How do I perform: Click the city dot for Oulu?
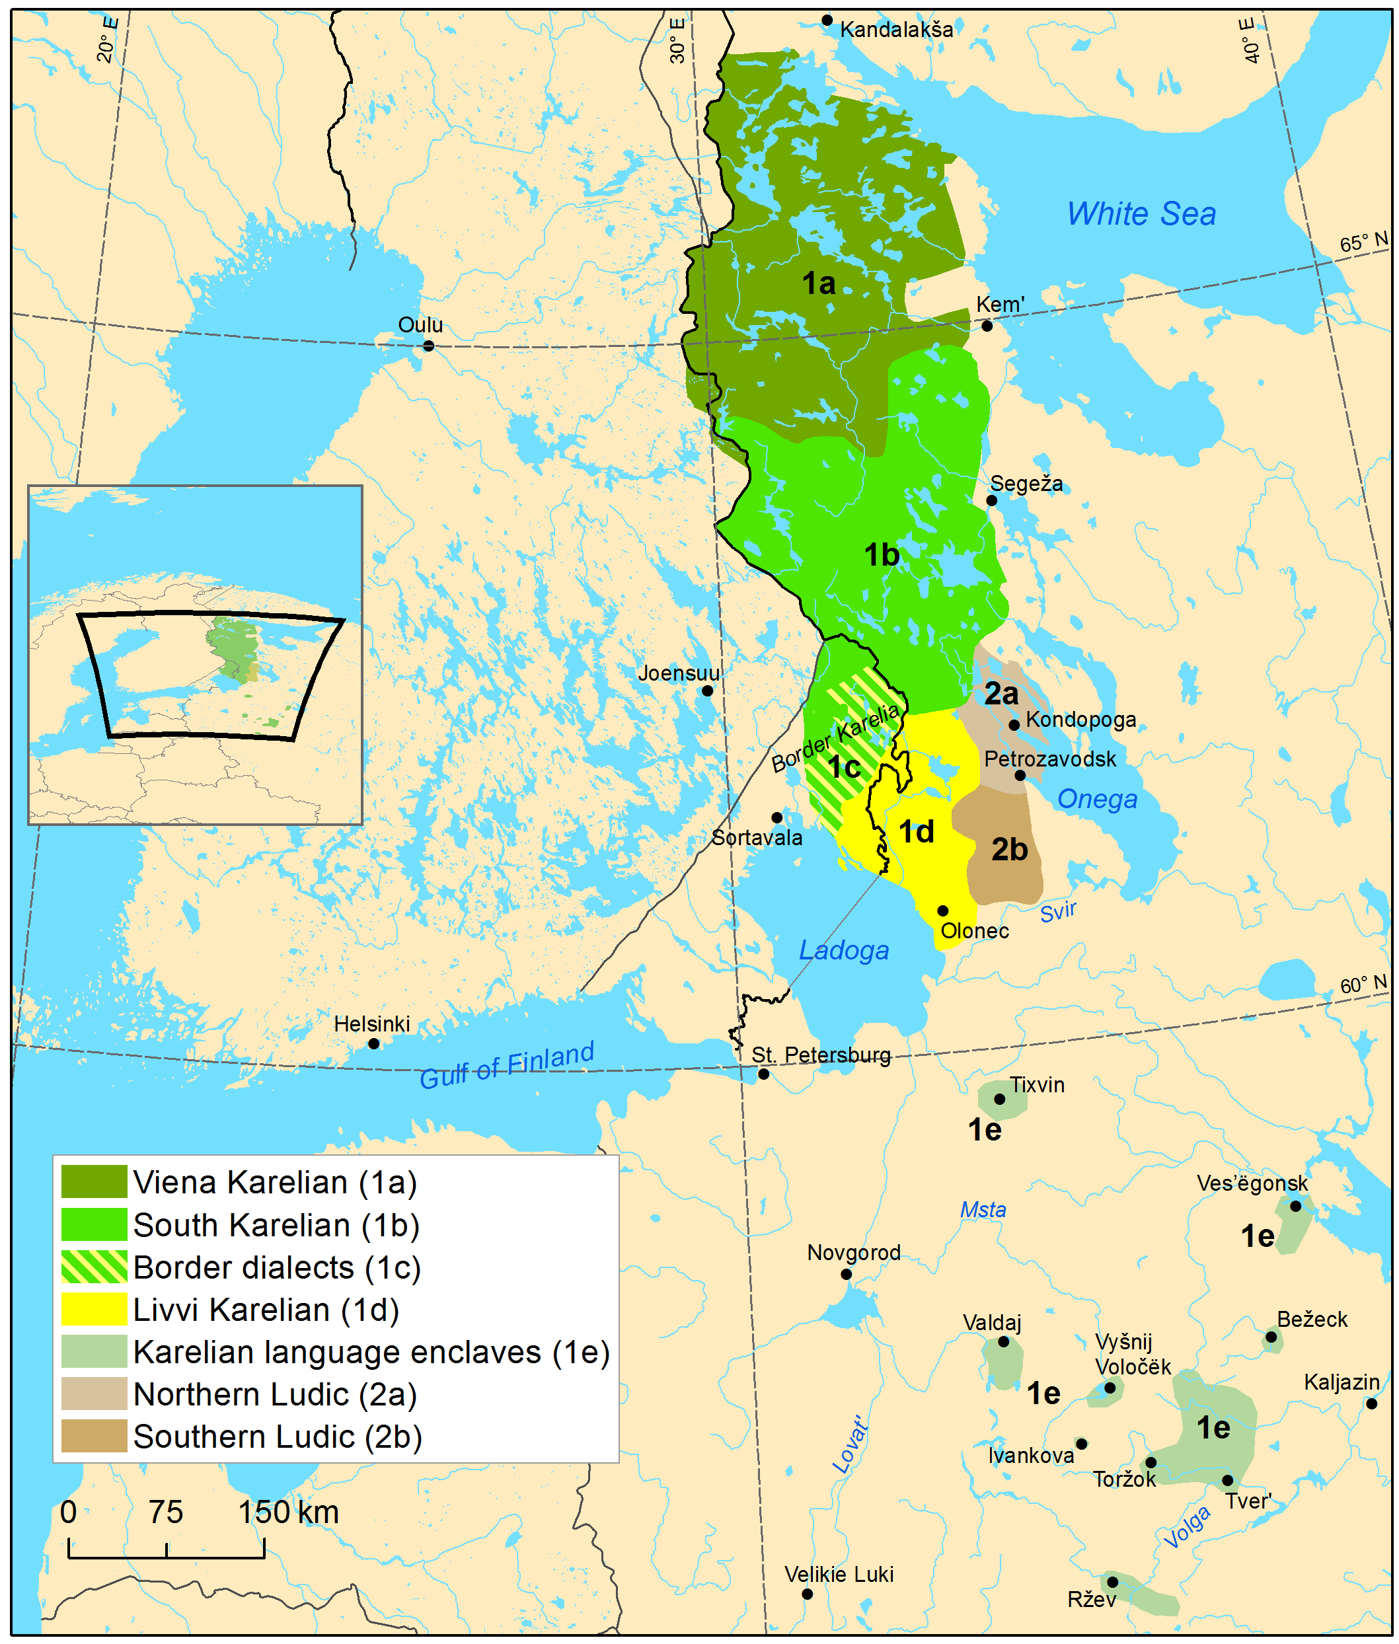pos(428,345)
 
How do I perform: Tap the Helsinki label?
pos(371,1024)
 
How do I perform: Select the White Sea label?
pos(1141,214)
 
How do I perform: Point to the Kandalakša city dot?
pos(827,20)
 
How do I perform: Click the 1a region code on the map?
pos(819,283)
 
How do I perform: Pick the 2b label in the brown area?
pos(1009,849)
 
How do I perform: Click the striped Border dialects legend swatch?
pos(94,1267)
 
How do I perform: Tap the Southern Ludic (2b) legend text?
pos(277,1437)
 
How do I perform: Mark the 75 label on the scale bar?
pos(166,1512)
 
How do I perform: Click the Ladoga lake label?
pos(843,950)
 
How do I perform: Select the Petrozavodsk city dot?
pos(1020,776)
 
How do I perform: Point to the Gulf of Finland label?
pos(506,1065)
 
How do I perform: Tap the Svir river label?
pos(1058,912)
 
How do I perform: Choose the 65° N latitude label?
pos(1363,242)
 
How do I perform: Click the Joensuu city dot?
pos(708,691)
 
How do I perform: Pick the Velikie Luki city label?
pos(839,1574)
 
